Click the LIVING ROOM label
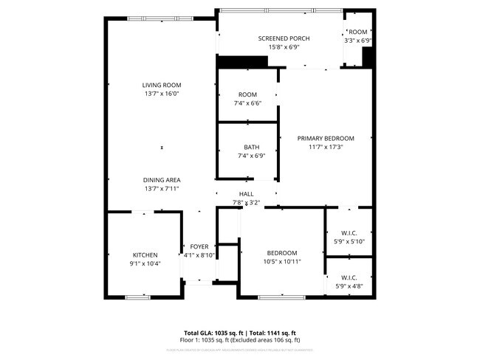pos(162,85)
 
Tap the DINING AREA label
pos(162,180)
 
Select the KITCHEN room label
pos(145,255)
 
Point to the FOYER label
pos(199,246)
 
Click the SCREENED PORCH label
pos(284,38)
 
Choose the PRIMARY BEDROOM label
pos(326,138)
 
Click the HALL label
pos(246,194)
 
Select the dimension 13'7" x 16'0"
pos(162,94)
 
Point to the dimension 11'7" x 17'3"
pos(326,147)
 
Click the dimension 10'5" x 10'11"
pos(282,261)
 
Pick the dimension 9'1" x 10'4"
pos(145,263)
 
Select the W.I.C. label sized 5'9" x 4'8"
pos(349,277)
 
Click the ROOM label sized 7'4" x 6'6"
pos(247,94)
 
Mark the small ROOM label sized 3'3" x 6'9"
pos(358,32)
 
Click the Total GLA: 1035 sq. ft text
pos(213,332)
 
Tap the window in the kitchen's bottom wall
pos(137,297)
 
